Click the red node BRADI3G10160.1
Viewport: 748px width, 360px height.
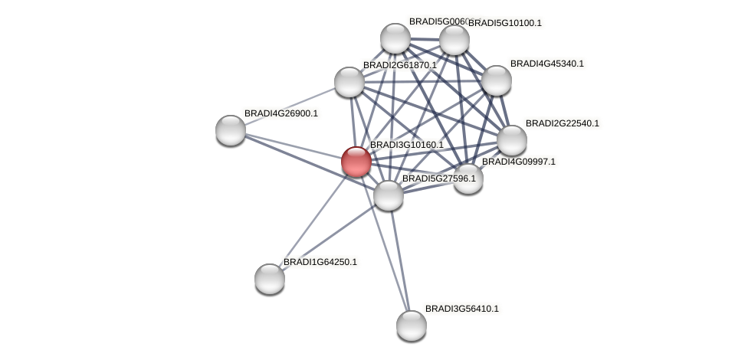click(356, 162)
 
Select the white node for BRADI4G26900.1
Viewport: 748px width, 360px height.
click(231, 130)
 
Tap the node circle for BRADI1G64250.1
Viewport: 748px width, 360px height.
click(270, 278)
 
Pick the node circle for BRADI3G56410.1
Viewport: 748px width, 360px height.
click(412, 326)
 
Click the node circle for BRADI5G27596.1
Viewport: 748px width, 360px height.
click(389, 195)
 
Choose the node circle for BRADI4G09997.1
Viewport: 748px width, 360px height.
click(467, 178)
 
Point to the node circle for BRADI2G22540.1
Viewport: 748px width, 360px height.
click(512, 140)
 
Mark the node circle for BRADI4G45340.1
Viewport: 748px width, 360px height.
click(497, 80)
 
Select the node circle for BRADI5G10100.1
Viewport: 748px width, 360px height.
click(454, 40)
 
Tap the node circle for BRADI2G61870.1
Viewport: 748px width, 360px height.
click(349, 82)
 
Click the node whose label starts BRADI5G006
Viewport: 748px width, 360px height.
click(395, 38)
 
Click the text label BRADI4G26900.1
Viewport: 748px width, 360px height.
click(280, 113)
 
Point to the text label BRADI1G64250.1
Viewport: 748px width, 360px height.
click(320, 262)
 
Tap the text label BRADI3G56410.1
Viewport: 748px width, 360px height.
click(461, 309)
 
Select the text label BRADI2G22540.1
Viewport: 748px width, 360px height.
click(562, 123)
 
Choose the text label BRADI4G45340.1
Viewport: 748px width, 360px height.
click(546, 64)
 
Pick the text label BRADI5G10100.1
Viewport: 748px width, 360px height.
click(504, 23)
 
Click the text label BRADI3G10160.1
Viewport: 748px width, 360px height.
click(406, 145)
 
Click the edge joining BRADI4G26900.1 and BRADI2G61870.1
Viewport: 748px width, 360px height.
click(290, 106)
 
